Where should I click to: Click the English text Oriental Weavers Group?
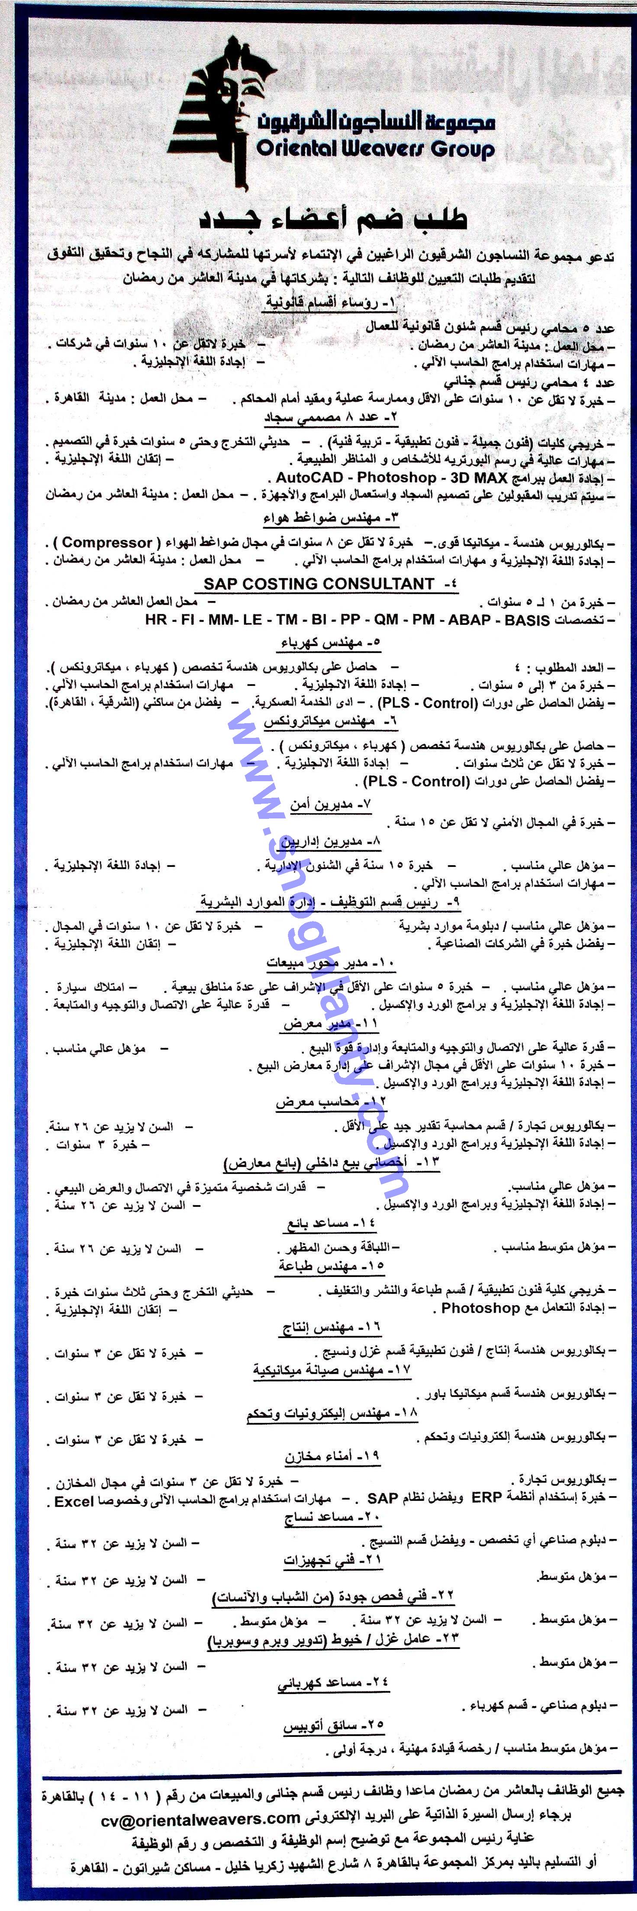[375, 149]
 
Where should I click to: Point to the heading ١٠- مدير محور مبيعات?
[331, 963]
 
